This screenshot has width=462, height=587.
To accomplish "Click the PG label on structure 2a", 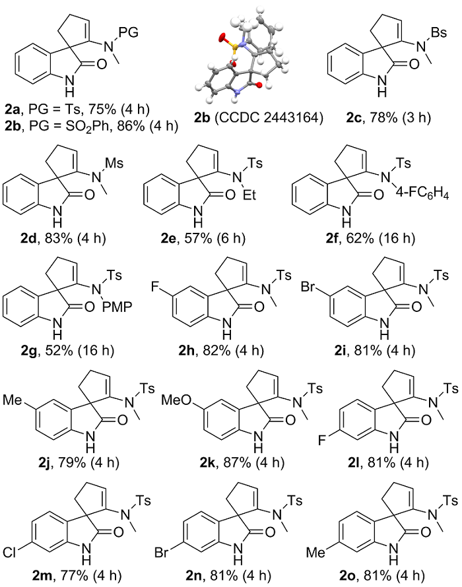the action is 129,32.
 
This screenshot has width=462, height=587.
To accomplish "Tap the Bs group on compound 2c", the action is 439,32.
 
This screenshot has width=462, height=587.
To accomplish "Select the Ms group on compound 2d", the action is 114,163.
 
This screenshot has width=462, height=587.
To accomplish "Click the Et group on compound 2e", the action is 249,195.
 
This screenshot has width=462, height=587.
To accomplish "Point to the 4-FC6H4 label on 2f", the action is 422,195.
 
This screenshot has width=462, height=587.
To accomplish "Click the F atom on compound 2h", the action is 155,288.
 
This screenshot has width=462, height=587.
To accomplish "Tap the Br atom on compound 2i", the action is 308,288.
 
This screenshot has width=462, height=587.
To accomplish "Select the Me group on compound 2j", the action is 13,400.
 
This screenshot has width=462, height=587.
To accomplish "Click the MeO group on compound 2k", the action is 176,400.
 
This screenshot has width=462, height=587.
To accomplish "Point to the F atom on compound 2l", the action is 321,440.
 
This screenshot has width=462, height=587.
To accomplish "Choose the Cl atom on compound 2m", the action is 9,552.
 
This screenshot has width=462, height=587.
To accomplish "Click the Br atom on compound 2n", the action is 162,552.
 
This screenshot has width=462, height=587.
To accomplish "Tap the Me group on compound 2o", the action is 315,552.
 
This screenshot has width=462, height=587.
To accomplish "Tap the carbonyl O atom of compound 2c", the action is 414,65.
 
